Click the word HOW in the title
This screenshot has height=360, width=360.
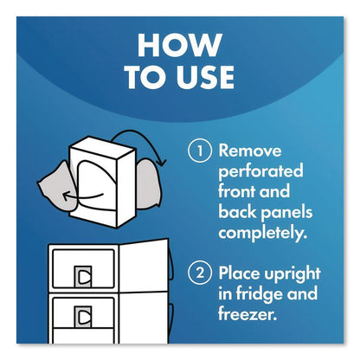click(x=180, y=45)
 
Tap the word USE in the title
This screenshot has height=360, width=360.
click(x=205, y=77)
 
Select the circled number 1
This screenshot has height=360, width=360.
click(x=200, y=151)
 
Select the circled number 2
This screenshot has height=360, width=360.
click(x=200, y=273)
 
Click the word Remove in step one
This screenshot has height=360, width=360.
click(x=250, y=151)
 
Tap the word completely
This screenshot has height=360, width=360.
click(x=262, y=233)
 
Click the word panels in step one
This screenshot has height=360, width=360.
click(x=286, y=213)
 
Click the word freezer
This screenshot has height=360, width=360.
click(x=247, y=314)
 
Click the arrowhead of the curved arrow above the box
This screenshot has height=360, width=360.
click(x=162, y=162)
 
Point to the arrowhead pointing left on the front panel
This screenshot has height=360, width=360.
click(x=67, y=196)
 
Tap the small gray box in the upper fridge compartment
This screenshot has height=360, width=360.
click(x=83, y=277)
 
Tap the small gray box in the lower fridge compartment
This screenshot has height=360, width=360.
click(x=83, y=317)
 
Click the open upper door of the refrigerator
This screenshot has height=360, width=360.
click(x=145, y=265)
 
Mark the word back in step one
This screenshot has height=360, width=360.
click(x=237, y=211)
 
